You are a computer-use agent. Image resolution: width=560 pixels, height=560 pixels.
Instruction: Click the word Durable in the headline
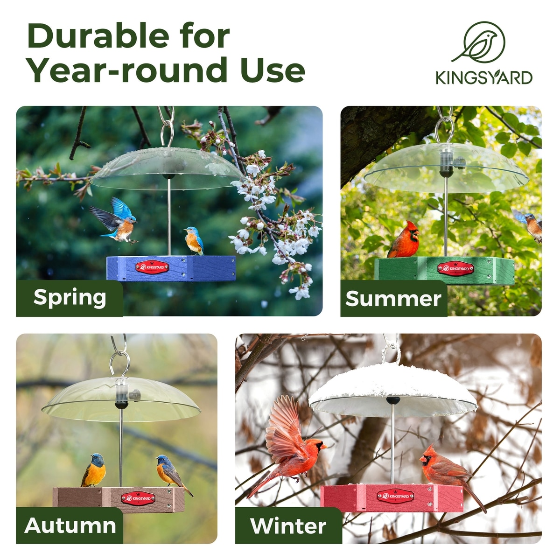click(98, 36)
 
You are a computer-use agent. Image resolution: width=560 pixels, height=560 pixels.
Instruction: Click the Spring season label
click(70, 297)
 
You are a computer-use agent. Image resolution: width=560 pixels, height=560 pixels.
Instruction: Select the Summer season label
click(393, 299)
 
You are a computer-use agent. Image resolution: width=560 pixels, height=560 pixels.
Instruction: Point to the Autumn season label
click(70, 526)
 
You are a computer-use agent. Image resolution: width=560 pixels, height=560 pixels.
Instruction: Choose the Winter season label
click(288, 526)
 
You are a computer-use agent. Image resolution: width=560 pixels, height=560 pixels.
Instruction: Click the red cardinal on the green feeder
click(404, 239)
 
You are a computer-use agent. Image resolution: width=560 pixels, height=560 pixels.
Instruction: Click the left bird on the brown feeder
click(94, 470)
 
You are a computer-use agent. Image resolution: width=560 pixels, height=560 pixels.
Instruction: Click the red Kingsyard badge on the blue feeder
click(152, 267)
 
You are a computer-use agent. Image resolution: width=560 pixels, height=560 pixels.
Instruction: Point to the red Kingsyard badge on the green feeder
click(455, 268)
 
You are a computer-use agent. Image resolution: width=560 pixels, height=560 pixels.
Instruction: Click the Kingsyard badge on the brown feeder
click(138, 498)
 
